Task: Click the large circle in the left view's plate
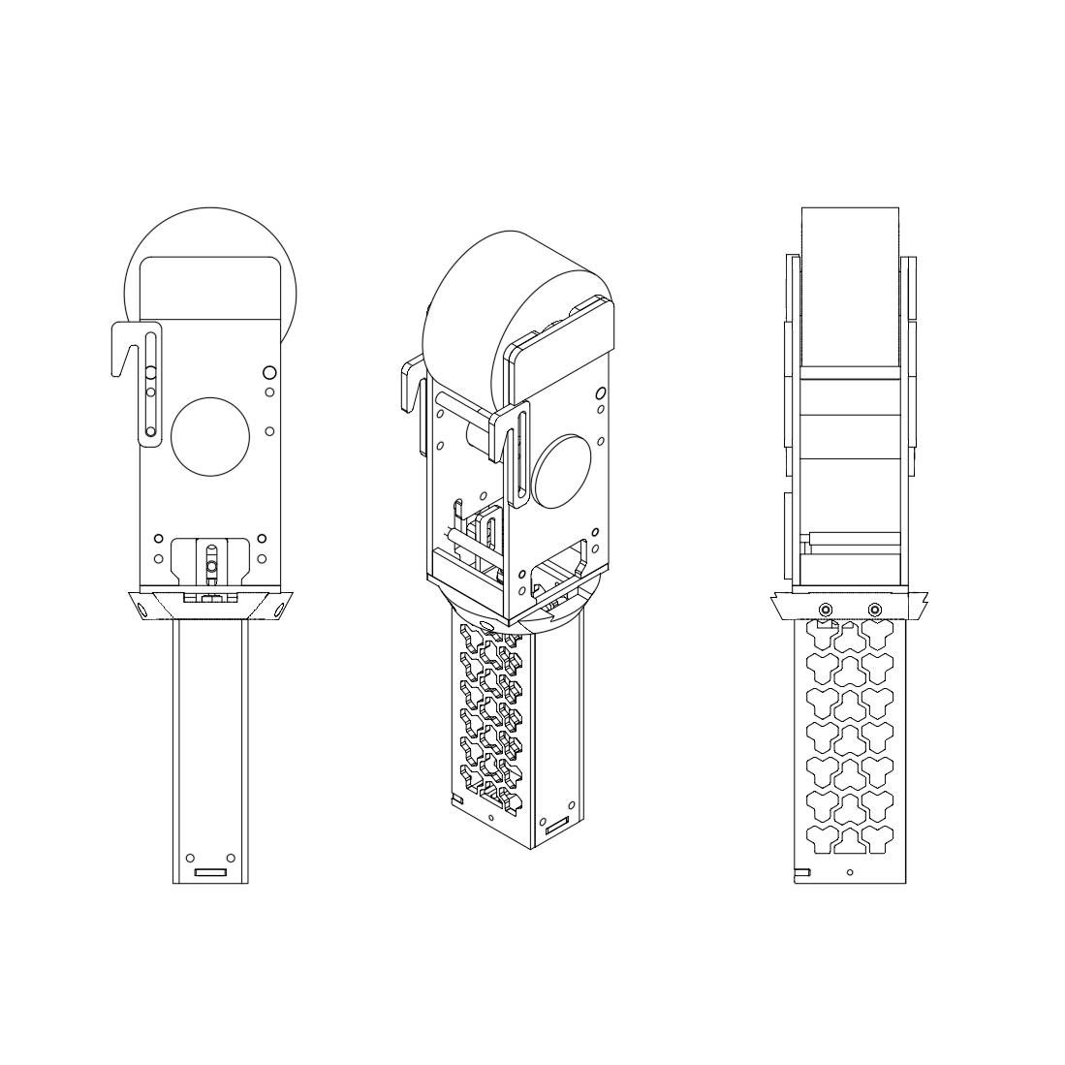(210, 437)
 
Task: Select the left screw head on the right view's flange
(825, 609)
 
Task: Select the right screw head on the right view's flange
(875, 609)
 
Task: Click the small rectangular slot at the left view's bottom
(210, 872)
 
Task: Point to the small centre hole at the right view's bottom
(850, 872)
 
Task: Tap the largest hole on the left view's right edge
(269, 372)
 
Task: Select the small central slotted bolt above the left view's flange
(210, 562)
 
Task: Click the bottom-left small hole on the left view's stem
(190, 857)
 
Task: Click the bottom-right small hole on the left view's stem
(230, 857)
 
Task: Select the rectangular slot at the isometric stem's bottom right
(557, 830)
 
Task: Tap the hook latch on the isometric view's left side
(411, 397)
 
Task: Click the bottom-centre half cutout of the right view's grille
(850, 846)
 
